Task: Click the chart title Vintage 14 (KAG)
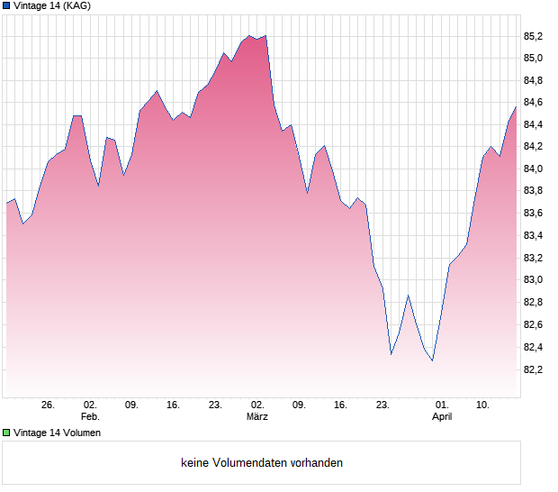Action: click(51, 5)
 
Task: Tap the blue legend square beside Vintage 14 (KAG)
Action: click(6, 5)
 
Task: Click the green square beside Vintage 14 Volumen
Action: click(6, 433)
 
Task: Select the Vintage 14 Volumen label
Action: click(57, 433)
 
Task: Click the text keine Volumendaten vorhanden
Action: click(262, 463)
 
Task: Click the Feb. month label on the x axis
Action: click(90, 417)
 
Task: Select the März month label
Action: click(257, 417)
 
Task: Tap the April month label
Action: click(442, 417)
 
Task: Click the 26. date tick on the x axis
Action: click(49, 405)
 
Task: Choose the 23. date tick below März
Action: click(382, 405)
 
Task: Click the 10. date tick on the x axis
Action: click(483, 405)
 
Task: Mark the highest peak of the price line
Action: click(265, 36)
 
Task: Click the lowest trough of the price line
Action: click(433, 361)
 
